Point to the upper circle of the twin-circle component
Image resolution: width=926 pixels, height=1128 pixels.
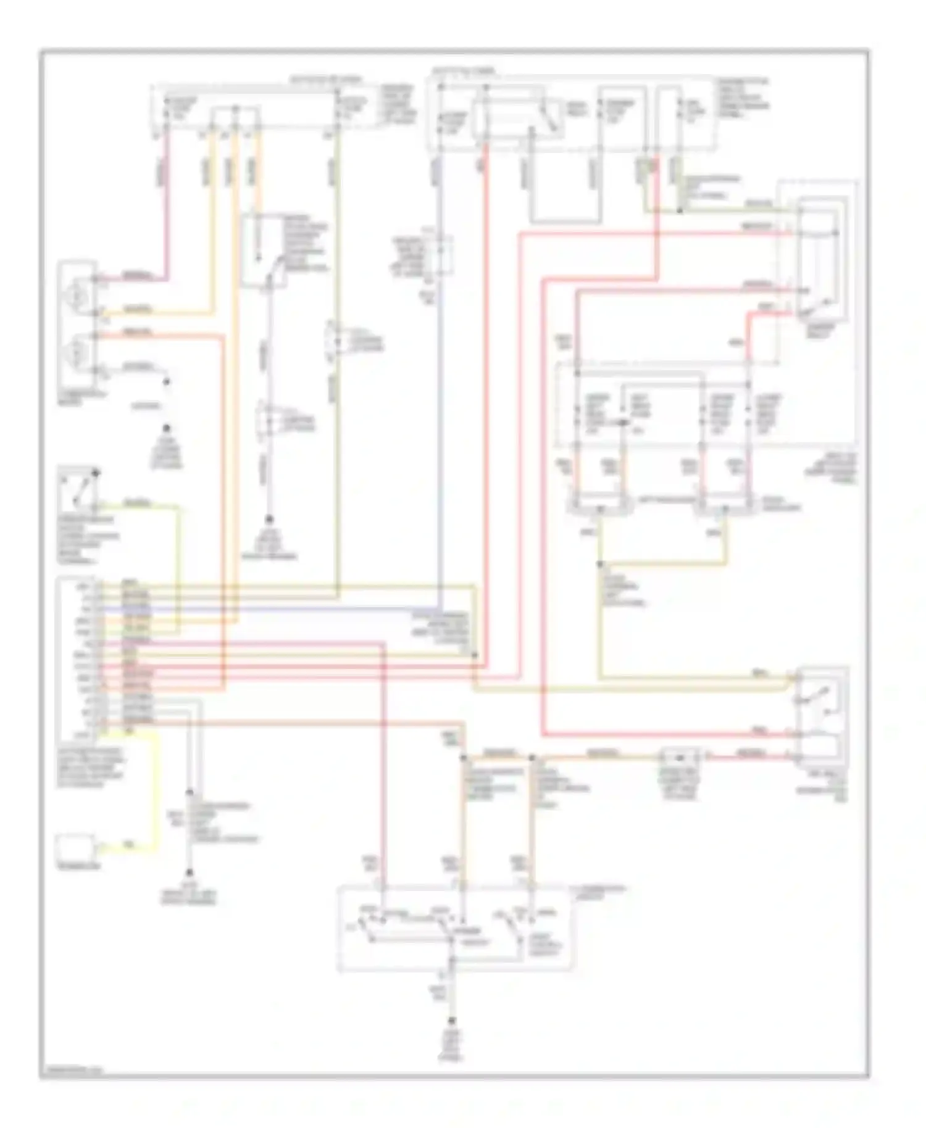(77, 297)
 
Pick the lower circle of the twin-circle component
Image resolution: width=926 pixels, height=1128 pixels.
(77, 352)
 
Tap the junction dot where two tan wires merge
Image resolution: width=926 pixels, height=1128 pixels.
(600, 564)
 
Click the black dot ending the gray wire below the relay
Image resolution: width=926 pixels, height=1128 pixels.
(269, 520)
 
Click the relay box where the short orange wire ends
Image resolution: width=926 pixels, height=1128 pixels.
(262, 250)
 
